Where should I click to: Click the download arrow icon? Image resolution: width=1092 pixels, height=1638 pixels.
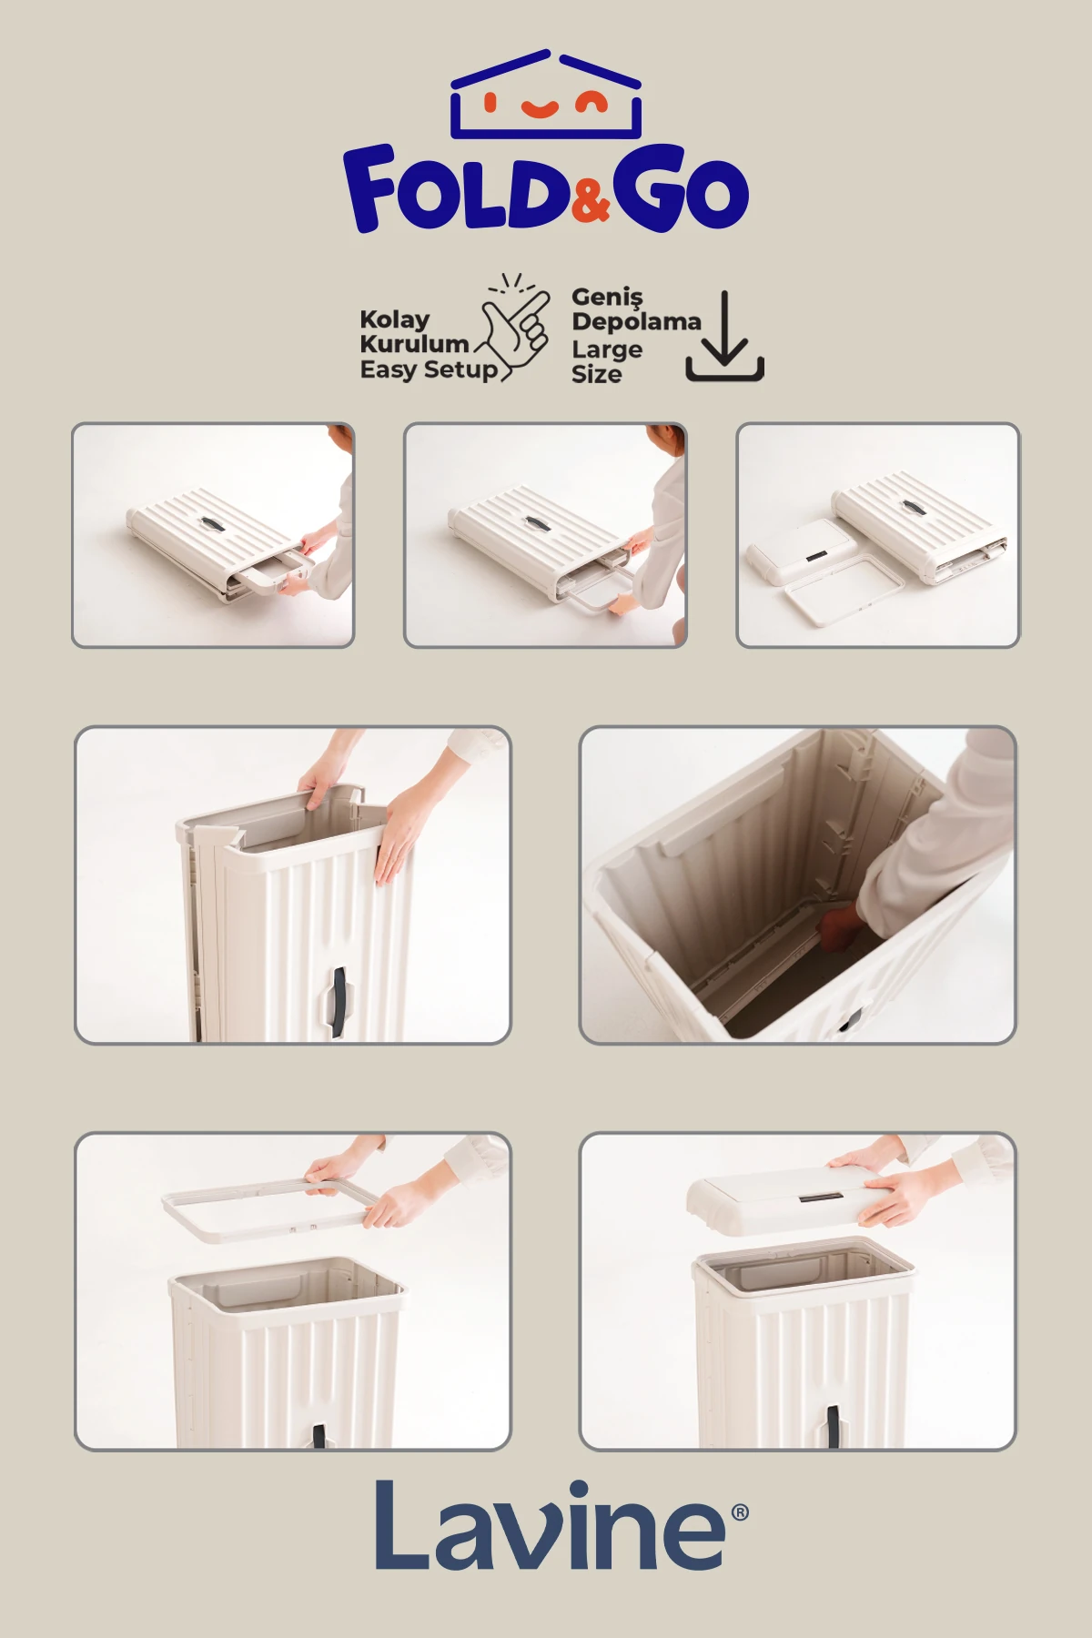point(724,336)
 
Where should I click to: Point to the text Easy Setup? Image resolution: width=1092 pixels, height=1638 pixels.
point(429,369)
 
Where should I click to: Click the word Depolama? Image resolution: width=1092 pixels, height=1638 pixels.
point(636,321)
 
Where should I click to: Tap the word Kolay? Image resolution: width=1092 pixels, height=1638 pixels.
point(395,319)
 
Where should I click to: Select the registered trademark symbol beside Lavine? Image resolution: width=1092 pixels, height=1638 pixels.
point(740,1512)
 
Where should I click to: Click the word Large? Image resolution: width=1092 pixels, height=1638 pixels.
point(607,349)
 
